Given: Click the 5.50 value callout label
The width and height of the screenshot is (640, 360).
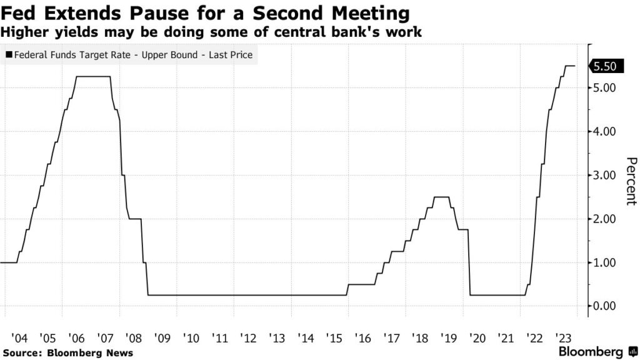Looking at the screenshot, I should (605, 66).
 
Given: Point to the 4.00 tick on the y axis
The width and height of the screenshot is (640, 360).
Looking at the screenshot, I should (605, 131).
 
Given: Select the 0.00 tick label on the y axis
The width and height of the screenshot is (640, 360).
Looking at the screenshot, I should (605, 306).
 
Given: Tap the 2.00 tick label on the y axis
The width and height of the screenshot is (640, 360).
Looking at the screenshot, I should (605, 219).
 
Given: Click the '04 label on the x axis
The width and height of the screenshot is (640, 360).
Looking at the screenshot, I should (19, 338).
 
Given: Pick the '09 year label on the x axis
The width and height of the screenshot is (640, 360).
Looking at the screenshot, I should (162, 338).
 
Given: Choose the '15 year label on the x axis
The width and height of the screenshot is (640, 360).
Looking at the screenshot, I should (334, 338).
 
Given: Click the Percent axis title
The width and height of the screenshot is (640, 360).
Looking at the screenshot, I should (631, 181).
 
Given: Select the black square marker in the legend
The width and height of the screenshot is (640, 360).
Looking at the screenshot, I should (8, 55).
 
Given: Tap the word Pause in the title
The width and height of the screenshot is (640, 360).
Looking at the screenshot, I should (145, 13).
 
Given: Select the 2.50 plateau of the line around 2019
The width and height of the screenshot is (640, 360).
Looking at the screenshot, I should (441, 197).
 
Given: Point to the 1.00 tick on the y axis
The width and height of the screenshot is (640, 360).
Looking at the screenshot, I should (605, 262).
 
